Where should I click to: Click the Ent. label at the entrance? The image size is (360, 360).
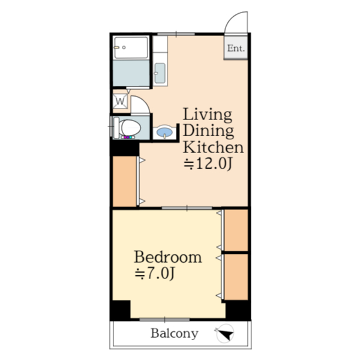[236, 48]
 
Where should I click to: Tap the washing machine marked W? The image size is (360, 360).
[120, 101]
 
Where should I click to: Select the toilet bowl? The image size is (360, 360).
[130, 128]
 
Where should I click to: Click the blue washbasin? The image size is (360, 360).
[164, 132]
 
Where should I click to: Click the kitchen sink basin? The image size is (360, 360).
[160, 73]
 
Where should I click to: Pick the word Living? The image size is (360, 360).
[208, 115]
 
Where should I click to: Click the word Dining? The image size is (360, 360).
[208, 131]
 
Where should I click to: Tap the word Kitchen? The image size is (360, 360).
[213, 147]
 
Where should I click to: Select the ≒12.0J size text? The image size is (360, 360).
[208, 164]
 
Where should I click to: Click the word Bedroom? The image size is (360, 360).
[168, 257]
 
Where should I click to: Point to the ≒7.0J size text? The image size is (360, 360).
[155, 273]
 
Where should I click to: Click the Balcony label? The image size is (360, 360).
[175, 334]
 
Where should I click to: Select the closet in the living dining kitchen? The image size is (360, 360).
[125, 181]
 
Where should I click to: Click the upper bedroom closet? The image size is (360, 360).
[236, 230]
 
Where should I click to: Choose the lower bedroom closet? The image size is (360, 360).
[236, 277]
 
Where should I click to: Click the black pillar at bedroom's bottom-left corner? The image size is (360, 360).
[121, 310]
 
